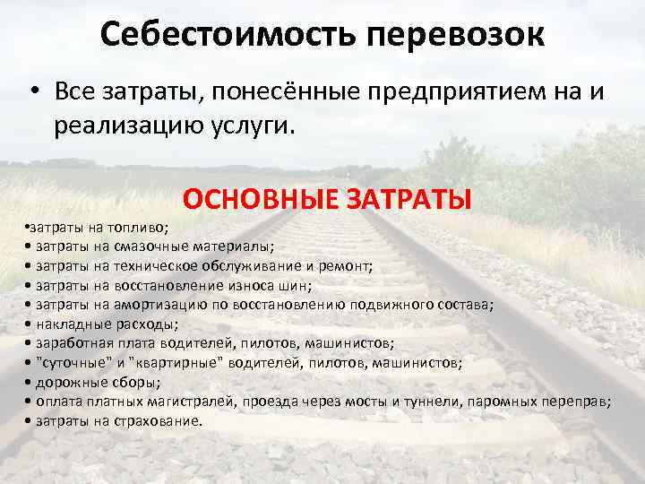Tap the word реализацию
tap(122, 125)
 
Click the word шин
tap(299, 286)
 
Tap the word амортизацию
tap(156, 305)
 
